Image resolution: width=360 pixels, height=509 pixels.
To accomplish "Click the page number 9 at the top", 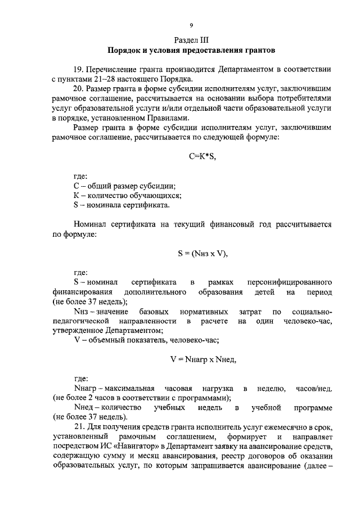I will click(x=191, y=25).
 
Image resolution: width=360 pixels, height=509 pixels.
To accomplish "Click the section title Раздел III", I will click(x=191, y=40).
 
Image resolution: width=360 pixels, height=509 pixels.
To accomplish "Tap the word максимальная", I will click(x=128, y=389).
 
